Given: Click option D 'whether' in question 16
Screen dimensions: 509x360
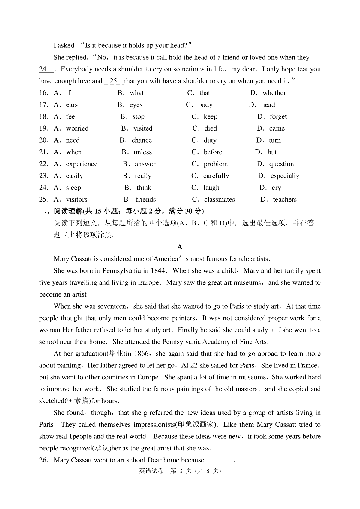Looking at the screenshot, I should pyautogui.click(x=274, y=93).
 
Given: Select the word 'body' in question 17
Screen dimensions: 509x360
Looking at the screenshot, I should pyautogui.click(x=205, y=105).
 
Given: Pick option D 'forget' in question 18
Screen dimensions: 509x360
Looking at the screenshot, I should pyautogui.click(x=278, y=117).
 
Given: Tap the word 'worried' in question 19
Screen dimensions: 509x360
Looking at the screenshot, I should pyautogui.click(x=77, y=128).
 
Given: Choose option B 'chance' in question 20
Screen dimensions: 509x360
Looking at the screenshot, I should pyautogui.click(x=142, y=140).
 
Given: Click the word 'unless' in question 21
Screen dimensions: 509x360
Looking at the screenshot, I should pyautogui.click(x=143, y=152).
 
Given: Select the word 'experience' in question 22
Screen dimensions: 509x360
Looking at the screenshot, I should pyautogui.click(x=82, y=164).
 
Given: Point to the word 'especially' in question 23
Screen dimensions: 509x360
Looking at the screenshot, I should pyautogui.click(x=285, y=176).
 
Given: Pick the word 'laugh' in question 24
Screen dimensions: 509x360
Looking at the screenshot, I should pyautogui.click(x=211, y=188).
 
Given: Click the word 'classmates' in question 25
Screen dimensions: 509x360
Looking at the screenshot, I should pyautogui.click(x=219, y=200).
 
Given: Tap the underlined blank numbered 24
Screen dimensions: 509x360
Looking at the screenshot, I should pyautogui.click(x=46, y=69).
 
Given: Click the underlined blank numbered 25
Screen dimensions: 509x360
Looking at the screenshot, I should pyautogui.click(x=113, y=81).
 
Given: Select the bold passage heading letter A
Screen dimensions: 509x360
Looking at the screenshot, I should pyautogui.click(x=180, y=247).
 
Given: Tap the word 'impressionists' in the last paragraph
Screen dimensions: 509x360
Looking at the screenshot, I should pyautogui.click(x=154, y=425).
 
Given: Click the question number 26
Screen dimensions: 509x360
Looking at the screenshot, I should pyautogui.click(x=44, y=460).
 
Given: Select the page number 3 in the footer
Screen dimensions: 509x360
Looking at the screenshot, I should pyautogui.click(x=181, y=471).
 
